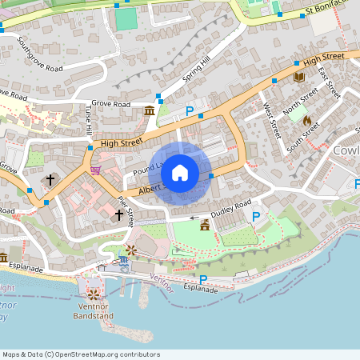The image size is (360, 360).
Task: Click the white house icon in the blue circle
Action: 180,172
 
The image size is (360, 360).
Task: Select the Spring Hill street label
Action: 195,73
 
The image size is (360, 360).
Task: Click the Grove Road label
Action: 110,104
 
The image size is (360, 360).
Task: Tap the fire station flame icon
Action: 306,119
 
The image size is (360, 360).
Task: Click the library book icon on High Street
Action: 299,77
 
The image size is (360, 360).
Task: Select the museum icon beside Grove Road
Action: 150,110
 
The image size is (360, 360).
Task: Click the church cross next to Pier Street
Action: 118,214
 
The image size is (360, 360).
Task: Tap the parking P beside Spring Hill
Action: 190,112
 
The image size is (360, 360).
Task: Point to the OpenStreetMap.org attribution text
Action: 80,354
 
